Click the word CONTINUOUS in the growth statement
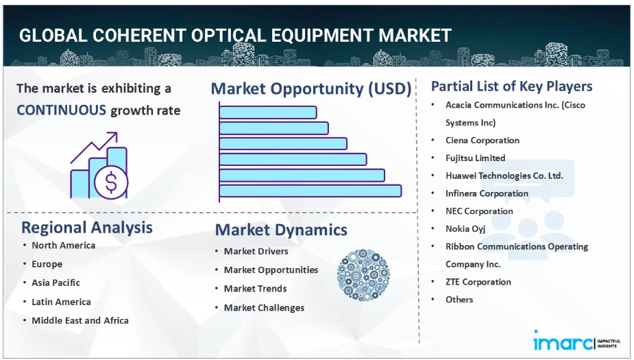[62, 110]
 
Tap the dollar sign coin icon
[111, 182]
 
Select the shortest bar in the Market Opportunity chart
[268, 112]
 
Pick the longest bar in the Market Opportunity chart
[310, 191]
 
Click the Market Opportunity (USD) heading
[311, 88]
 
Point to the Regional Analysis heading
[87, 228]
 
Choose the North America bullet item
[64, 245]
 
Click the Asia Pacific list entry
[56, 283]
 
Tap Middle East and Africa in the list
[80, 320]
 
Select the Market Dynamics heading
[281, 230]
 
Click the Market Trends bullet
[256, 289]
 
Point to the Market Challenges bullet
[264, 308]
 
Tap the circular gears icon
[363, 275]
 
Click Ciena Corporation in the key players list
[483, 141]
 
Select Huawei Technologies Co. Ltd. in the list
[504, 176]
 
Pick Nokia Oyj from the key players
[465, 229]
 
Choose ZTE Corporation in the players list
[478, 282]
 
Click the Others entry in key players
[459, 300]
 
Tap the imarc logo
[576, 341]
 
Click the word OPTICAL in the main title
[228, 36]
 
